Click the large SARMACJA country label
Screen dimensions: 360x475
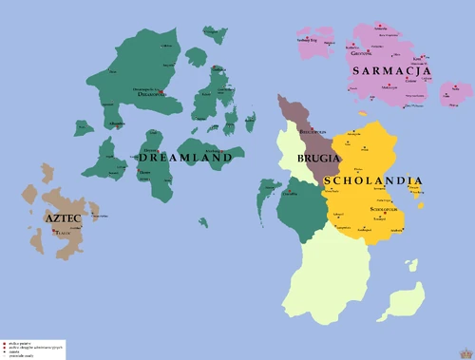tap(390, 71)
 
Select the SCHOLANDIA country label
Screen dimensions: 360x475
tap(372, 180)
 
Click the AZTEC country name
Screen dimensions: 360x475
tap(62, 218)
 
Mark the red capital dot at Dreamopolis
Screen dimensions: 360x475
tap(162, 92)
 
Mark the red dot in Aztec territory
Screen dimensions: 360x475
tap(55, 229)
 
